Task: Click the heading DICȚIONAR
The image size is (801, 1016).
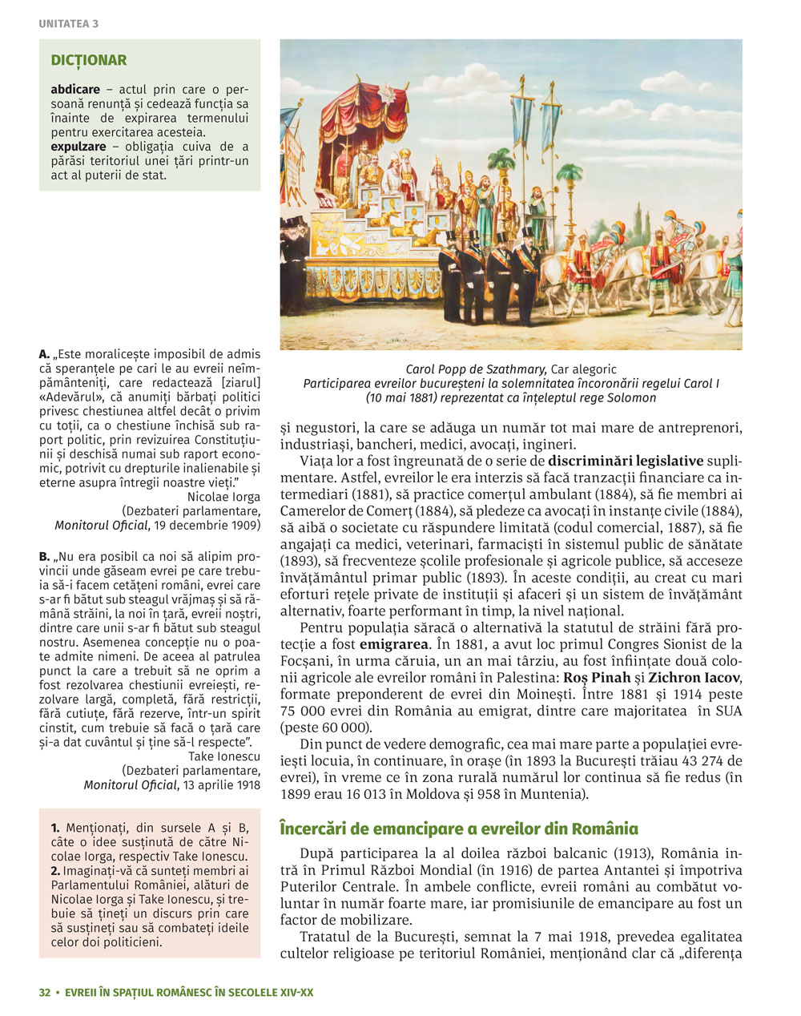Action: click(89, 60)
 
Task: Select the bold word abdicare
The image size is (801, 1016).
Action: click(75, 90)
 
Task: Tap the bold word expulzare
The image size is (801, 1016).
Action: click(78, 147)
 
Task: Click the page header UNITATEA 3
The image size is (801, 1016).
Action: click(68, 24)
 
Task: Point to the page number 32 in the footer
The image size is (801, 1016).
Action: click(45, 992)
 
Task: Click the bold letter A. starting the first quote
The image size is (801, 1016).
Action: click(45, 353)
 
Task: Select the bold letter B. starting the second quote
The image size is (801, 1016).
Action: click(45, 556)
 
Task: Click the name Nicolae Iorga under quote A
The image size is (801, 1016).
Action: click(223, 497)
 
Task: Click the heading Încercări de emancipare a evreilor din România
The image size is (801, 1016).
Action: click(459, 829)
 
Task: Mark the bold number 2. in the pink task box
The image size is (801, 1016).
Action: click(55, 870)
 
